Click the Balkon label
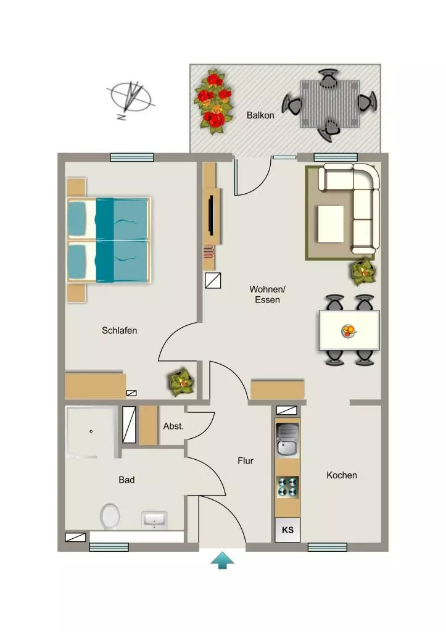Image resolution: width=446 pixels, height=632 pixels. click(260, 115)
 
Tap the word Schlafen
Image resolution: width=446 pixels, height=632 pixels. click(119, 331)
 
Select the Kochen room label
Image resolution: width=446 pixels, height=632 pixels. click(342, 475)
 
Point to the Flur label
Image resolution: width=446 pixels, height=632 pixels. click(246, 460)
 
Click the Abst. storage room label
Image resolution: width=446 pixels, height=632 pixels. click(173, 426)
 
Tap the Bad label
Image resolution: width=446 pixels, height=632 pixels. click(126, 480)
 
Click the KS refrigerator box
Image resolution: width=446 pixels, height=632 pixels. click(287, 530)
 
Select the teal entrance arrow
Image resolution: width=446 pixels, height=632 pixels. click(223, 560)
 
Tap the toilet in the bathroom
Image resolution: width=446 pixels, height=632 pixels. click(110, 517)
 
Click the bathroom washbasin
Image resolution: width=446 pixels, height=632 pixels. click(154, 520)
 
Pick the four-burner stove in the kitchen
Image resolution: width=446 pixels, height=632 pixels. click(287, 487)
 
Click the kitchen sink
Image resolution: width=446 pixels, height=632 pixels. click(287, 440)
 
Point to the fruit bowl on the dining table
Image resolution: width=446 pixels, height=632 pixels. click(349, 331)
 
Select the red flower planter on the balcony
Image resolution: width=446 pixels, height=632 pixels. click(213, 102)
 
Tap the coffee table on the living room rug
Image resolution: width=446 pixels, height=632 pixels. click(331, 224)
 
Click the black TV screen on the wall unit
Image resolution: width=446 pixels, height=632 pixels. click(211, 215)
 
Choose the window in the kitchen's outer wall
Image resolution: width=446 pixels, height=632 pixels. click(328, 547)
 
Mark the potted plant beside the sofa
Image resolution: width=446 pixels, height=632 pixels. click(364, 272)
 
